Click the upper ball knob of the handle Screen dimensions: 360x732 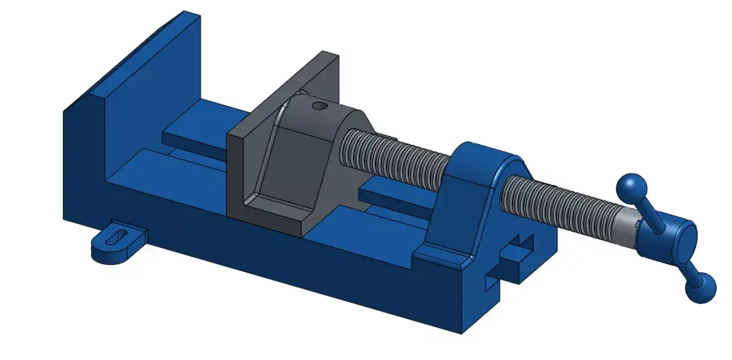(629, 188)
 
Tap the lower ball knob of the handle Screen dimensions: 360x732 (701, 288)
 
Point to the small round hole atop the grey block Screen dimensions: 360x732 (318, 106)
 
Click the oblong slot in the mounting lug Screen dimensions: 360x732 (116, 236)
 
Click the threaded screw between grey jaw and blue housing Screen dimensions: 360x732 (392, 157)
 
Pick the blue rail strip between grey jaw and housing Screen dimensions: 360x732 (395, 192)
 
